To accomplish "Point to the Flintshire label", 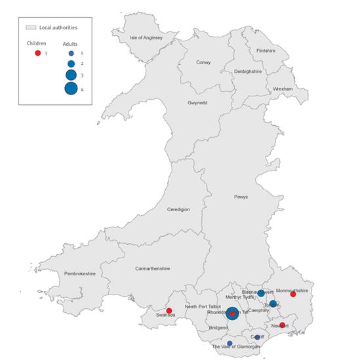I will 266,50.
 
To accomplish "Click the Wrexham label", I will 282,89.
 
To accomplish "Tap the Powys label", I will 241,197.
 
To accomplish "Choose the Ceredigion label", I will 178,209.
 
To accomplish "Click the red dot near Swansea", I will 169,311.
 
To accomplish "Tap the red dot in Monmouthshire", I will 293,294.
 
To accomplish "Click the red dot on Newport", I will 282,325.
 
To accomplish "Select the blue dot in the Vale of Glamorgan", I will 230,343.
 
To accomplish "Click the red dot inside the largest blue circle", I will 232,313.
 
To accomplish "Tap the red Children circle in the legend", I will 38,52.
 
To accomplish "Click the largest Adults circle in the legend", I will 71,89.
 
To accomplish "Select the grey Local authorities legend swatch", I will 30,28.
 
